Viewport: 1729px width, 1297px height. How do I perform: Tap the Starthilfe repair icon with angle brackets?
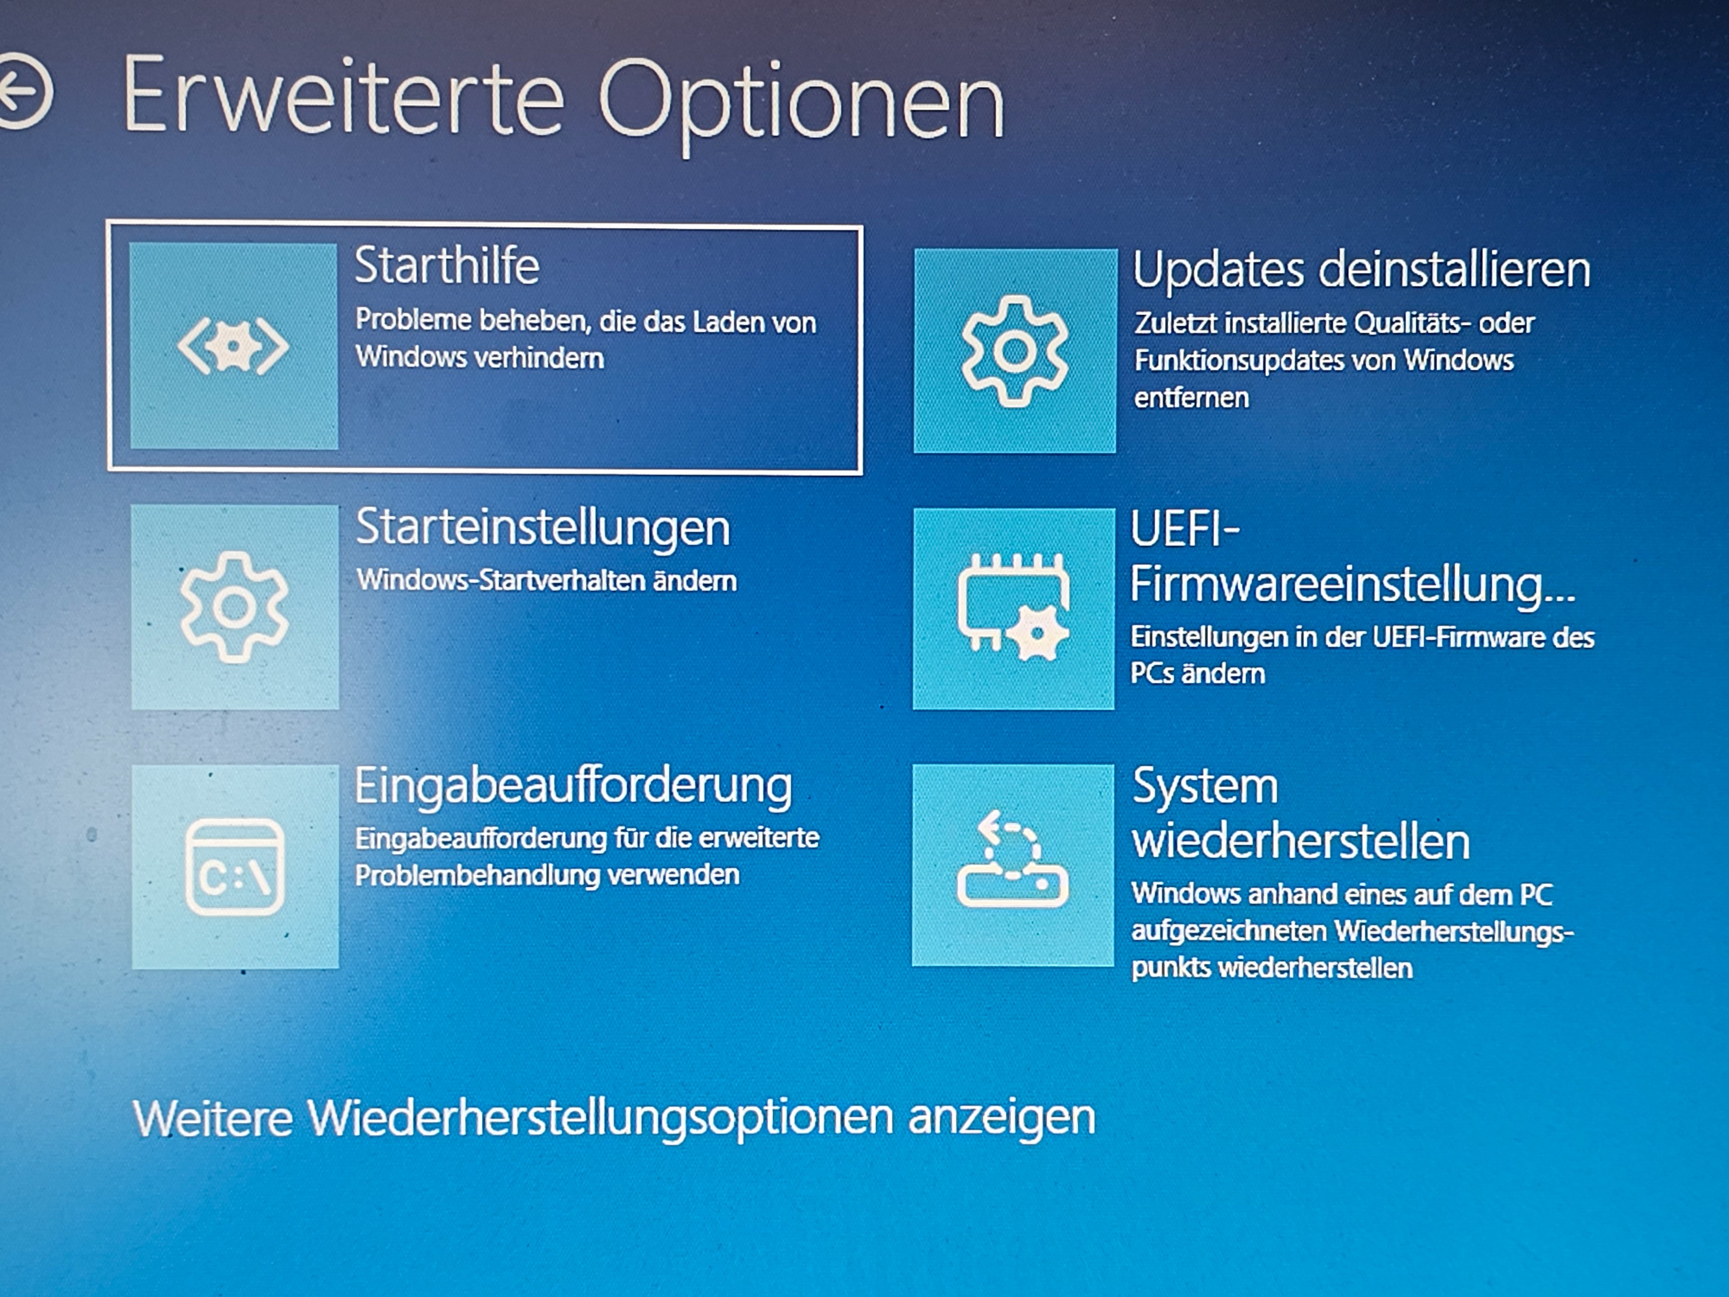(x=233, y=346)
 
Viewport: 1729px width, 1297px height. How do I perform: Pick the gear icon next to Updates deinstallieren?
(x=1014, y=351)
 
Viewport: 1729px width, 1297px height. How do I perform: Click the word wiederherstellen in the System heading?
(x=1301, y=842)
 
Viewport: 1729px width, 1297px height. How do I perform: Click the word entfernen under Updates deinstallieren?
(x=1192, y=398)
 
